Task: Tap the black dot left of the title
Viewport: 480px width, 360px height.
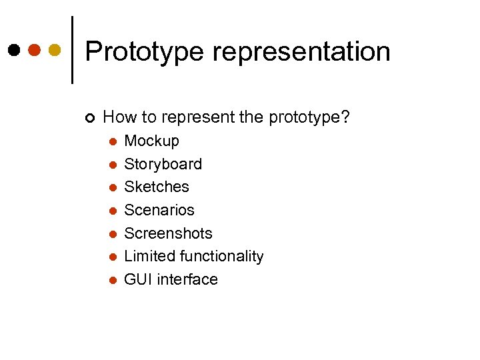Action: tap(13, 50)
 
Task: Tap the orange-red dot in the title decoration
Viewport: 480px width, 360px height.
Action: tap(34, 50)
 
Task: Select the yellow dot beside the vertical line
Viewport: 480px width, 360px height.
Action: tap(55, 50)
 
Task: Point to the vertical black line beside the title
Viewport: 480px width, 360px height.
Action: tap(72, 50)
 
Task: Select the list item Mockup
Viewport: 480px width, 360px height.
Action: tap(151, 141)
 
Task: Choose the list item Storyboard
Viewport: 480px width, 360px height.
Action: tap(163, 164)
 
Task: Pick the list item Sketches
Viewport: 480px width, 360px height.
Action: tap(157, 187)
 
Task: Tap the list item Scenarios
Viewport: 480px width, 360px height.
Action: tap(159, 210)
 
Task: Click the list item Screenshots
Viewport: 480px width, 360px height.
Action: tap(168, 233)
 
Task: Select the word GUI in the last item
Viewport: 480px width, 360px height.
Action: tap(138, 279)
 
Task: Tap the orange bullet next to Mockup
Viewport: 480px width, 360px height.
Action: tap(113, 141)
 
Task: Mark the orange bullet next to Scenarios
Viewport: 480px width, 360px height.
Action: tap(113, 211)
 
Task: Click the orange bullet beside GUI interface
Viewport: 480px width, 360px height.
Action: tap(113, 280)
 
